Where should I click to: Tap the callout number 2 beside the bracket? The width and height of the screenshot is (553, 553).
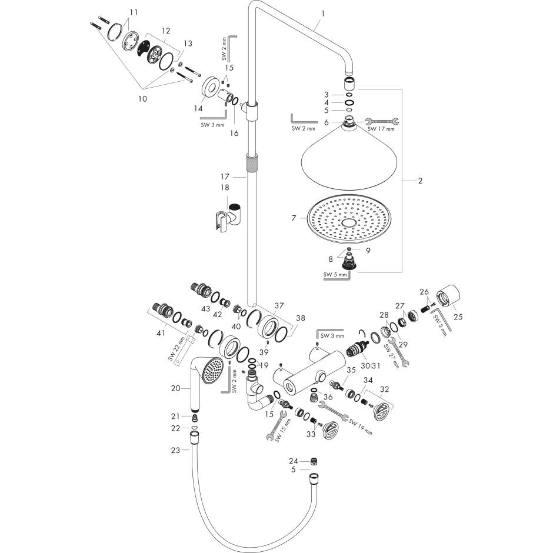point(420,181)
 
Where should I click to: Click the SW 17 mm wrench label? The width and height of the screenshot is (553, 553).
point(381,129)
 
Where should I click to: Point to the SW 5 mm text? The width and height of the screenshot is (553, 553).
point(334,274)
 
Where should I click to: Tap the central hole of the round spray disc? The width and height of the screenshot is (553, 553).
point(348,224)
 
